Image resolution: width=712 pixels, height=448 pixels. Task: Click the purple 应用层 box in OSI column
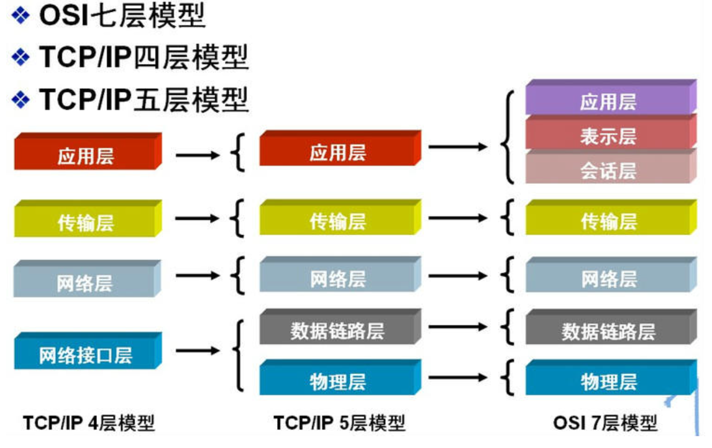tap(608, 101)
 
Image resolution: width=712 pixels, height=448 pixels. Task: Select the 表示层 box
tap(608, 135)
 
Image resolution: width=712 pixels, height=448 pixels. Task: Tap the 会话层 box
tap(608, 170)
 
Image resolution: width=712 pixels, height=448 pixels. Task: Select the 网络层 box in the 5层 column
tap(337, 279)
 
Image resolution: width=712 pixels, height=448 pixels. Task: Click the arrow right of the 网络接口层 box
tap(198, 351)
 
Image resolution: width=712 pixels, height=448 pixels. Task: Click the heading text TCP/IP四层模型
tap(144, 58)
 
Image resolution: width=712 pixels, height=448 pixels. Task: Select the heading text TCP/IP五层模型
tap(144, 98)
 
